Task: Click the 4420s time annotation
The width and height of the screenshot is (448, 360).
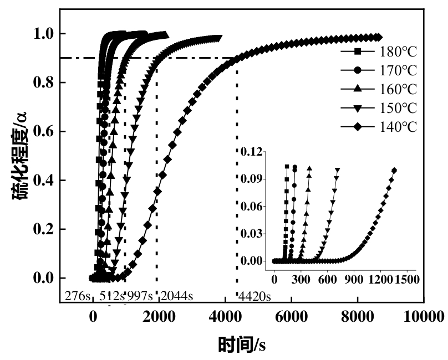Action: click(254, 296)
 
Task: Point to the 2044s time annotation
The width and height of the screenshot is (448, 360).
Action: click(177, 296)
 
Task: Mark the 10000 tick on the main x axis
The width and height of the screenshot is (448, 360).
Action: click(423, 317)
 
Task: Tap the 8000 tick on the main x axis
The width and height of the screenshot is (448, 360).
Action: click(358, 317)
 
